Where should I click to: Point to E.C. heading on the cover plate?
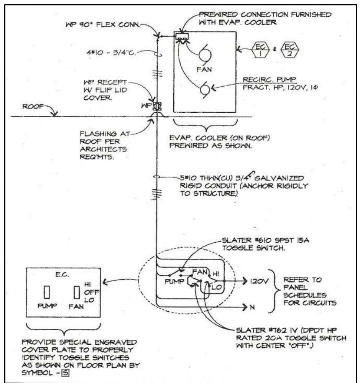click(61, 274)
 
